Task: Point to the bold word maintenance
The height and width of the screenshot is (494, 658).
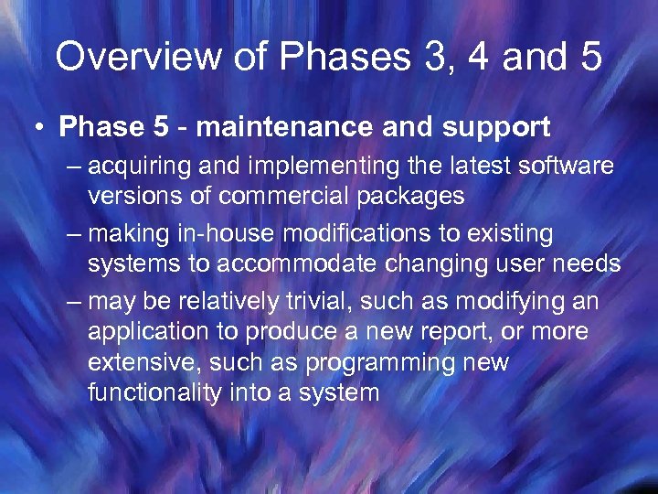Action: pyautogui.click(x=287, y=127)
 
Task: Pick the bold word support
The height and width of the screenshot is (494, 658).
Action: pyautogui.click(x=494, y=127)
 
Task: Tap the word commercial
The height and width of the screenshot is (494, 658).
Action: pyautogui.click(x=292, y=195)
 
